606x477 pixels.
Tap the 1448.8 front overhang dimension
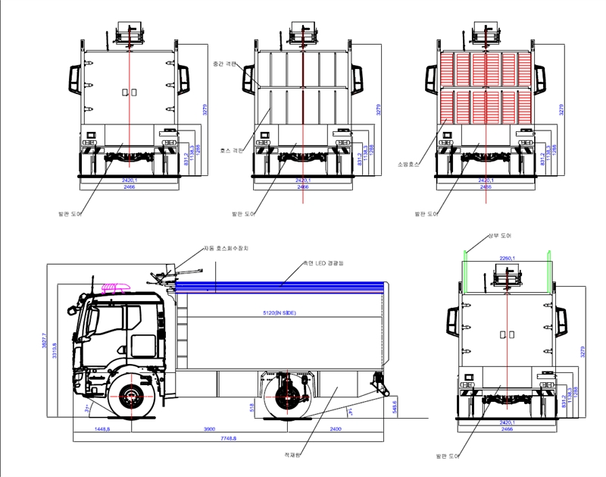click(x=101, y=428)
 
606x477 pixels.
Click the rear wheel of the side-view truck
click(x=286, y=397)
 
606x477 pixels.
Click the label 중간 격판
click(x=225, y=64)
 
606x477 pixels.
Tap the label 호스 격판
click(x=230, y=150)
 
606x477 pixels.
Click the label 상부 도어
click(x=498, y=237)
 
